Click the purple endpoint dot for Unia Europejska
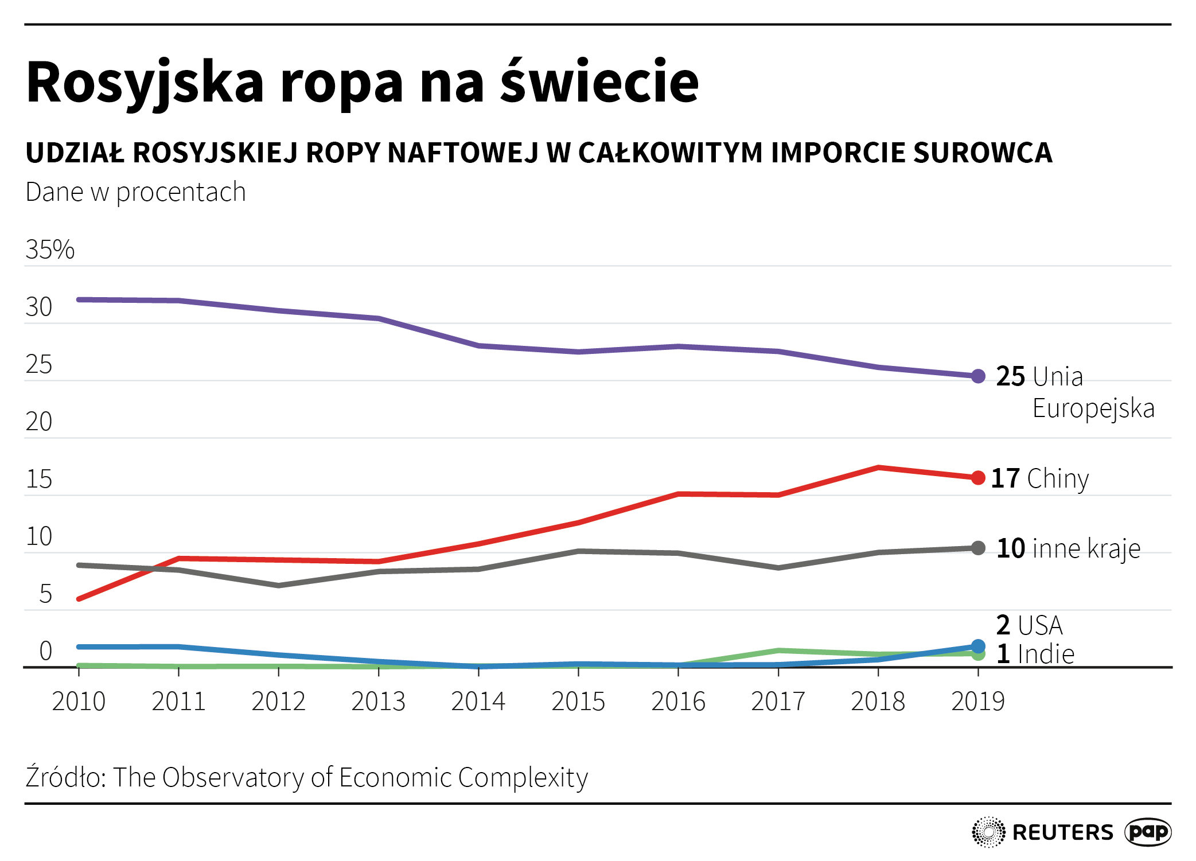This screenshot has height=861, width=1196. click(x=978, y=376)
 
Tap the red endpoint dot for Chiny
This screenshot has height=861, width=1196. click(x=978, y=478)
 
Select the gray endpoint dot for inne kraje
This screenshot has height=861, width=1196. click(x=978, y=548)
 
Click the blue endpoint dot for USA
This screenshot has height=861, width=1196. click(x=978, y=646)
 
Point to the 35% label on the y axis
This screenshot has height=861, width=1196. click(x=50, y=250)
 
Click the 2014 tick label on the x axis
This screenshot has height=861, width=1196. click(x=478, y=701)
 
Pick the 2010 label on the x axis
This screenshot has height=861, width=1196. click(x=79, y=701)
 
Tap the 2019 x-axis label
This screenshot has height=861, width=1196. click(x=978, y=701)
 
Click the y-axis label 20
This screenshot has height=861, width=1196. click(x=38, y=422)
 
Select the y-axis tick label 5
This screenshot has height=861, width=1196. click(x=45, y=594)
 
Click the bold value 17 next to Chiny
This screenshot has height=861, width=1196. click(x=1005, y=478)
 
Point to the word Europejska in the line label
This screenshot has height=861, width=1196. click(x=1093, y=408)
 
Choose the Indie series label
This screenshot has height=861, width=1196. click(x=1046, y=654)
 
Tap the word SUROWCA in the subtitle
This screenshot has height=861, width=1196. click(x=983, y=153)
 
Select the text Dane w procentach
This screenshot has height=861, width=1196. click(x=135, y=192)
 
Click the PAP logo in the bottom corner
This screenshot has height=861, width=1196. click(x=1147, y=832)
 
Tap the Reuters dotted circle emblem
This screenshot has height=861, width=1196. click(x=988, y=832)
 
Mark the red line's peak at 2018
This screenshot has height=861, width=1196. click(x=878, y=467)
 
